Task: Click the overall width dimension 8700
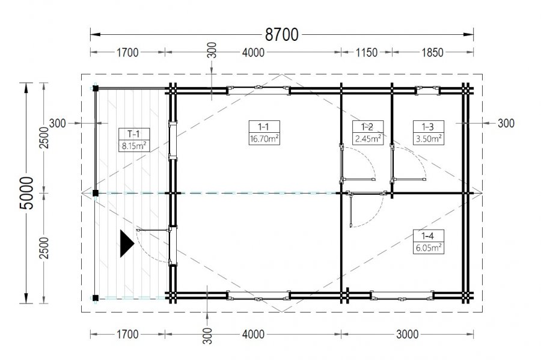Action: coord(281,35)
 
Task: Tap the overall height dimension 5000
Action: coord(27,193)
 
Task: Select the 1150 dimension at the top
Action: coord(367,52)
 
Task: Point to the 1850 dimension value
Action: coord(432,52)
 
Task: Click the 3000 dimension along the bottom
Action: coord(407,334)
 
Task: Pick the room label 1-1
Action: coord(264,127)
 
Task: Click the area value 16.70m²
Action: coord(264,139)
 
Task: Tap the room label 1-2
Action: coord(368,127)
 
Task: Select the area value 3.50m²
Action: coord(429,139)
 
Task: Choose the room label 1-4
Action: coord(428,236)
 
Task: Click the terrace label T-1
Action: coord(133,134)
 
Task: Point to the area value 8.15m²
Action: coord(134,146)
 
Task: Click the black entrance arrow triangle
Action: coord(126,244)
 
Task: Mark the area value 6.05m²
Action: coord(429,248)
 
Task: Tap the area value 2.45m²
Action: coord(368,139)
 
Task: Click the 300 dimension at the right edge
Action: coord(506,123)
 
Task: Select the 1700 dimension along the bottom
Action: coord(127,334)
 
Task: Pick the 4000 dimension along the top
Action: coord(253,52)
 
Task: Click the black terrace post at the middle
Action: coord(96,193)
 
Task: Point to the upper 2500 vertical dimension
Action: coord(44,138)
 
